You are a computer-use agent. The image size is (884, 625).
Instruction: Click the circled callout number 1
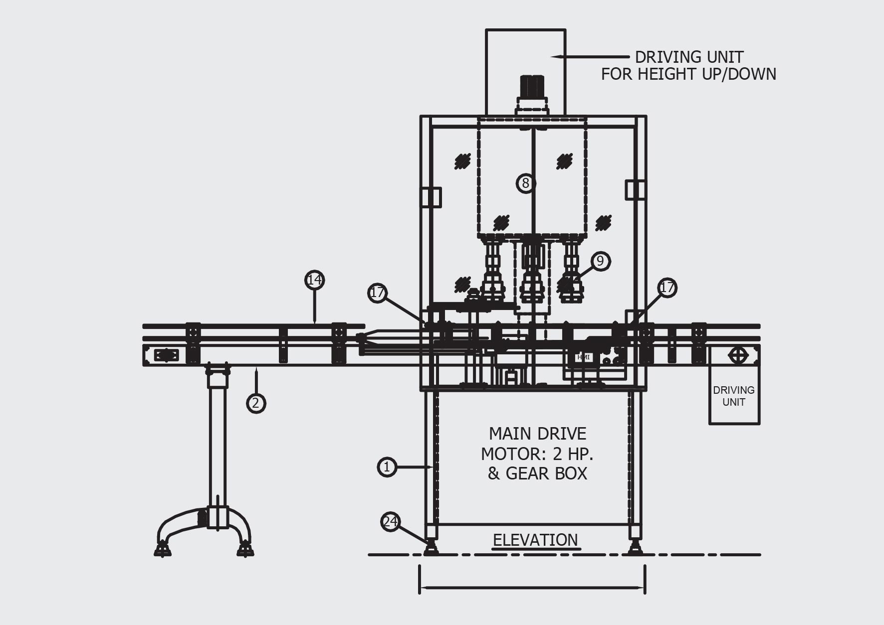[387, 467]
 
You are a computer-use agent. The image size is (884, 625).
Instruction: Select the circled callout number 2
[256, 403]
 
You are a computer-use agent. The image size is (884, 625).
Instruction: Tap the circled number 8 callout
[525, 183]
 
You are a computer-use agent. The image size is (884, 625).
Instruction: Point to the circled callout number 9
[600, 261]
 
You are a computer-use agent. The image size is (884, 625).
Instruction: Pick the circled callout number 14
[314, 280]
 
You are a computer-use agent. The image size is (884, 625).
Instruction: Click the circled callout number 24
[390, 522]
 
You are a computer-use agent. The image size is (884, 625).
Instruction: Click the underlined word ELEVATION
[535, 540]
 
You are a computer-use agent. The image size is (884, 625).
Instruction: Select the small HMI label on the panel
[583, 357]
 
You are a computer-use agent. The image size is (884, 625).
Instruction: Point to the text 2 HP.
[573, 454]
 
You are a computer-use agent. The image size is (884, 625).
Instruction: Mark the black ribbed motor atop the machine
[532, 87]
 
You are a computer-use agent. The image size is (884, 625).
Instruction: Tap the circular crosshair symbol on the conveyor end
[738, 355]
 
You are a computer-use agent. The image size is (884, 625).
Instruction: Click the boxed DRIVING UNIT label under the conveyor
[734, 396]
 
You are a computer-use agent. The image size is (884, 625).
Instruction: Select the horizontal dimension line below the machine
[532, 588]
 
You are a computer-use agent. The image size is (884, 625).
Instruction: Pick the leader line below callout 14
[314, 306]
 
